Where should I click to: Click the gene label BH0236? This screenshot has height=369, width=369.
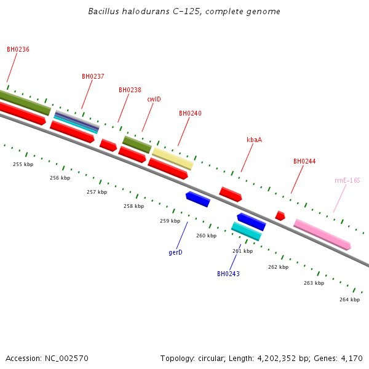click(x=18, y=49)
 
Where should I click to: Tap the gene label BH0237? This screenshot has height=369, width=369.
click(x=93, y=76)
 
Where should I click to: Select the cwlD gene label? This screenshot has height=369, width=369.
click(x=154, y=99)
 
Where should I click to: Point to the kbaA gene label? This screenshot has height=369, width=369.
click(x=254, y=140)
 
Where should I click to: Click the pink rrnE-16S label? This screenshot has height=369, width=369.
click(x=347, y=180)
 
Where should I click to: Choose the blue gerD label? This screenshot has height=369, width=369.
click(x=175, y=252)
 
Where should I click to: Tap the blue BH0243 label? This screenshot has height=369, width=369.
click(x=228, y=274)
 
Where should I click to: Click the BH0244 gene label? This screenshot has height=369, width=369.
click(x=304, y=161)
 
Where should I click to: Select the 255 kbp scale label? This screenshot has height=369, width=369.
click(x=23, y=164)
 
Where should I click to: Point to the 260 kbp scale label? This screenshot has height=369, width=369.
click(x=206, y=236)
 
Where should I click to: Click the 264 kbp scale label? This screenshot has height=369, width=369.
click(x=349, y=300)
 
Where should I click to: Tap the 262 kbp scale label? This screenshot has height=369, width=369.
click(x=278, y=267)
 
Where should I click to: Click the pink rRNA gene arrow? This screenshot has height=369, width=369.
click(x=322, y=234)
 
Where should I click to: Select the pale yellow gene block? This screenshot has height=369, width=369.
click(x=173, y=158)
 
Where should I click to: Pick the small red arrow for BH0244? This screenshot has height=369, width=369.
click(x=280, y=215)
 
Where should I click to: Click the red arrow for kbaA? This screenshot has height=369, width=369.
click(x=231, y=194)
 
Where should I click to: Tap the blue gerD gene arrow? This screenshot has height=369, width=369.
click(x=198, y=199)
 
